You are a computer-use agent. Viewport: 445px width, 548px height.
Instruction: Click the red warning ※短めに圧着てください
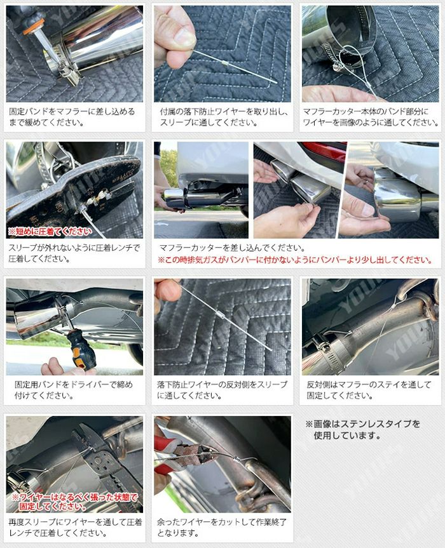(50, 232)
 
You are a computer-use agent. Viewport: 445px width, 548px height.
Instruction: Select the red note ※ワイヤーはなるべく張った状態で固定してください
(75, 502)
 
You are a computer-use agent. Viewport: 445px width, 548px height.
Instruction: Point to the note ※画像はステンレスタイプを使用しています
(363, 430)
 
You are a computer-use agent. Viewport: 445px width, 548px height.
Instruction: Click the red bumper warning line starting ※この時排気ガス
(295, 260)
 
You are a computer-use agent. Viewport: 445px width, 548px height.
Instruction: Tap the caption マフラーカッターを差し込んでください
(232, 248)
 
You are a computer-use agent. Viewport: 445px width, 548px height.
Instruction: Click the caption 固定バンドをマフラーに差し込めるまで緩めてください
(72, 117)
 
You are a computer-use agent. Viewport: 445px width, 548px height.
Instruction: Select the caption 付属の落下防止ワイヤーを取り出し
(224, 112)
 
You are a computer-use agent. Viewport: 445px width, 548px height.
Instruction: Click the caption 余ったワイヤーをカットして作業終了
(222, 522)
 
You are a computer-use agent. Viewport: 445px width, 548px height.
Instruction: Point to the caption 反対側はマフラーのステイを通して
(369, 385)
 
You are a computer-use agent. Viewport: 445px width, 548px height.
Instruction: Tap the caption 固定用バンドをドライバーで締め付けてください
(74, 390)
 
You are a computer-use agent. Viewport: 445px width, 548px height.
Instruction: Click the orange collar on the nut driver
(34, 27)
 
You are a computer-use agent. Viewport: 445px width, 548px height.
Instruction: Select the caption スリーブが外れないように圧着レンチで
(74, 248)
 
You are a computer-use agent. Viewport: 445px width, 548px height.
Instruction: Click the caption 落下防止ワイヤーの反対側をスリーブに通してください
(222, 390)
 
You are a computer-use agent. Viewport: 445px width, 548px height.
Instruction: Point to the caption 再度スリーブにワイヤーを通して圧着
(75, 522)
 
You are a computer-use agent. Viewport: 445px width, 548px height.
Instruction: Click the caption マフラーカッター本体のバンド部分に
(366, 112)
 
